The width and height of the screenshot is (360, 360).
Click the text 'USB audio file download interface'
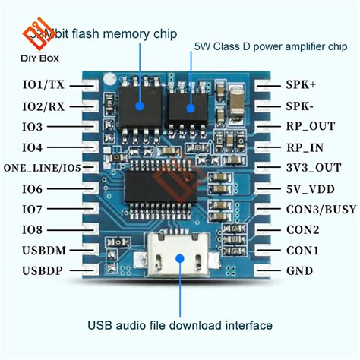pyautogui.click(x=179, y=325)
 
